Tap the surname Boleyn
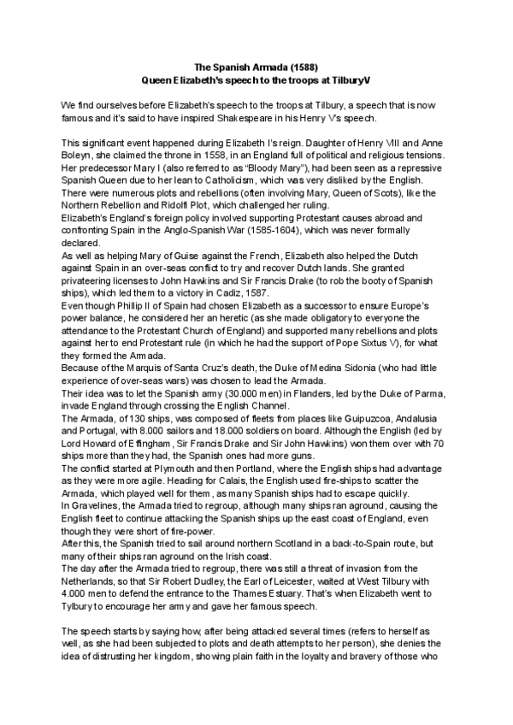tap(77, 154)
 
